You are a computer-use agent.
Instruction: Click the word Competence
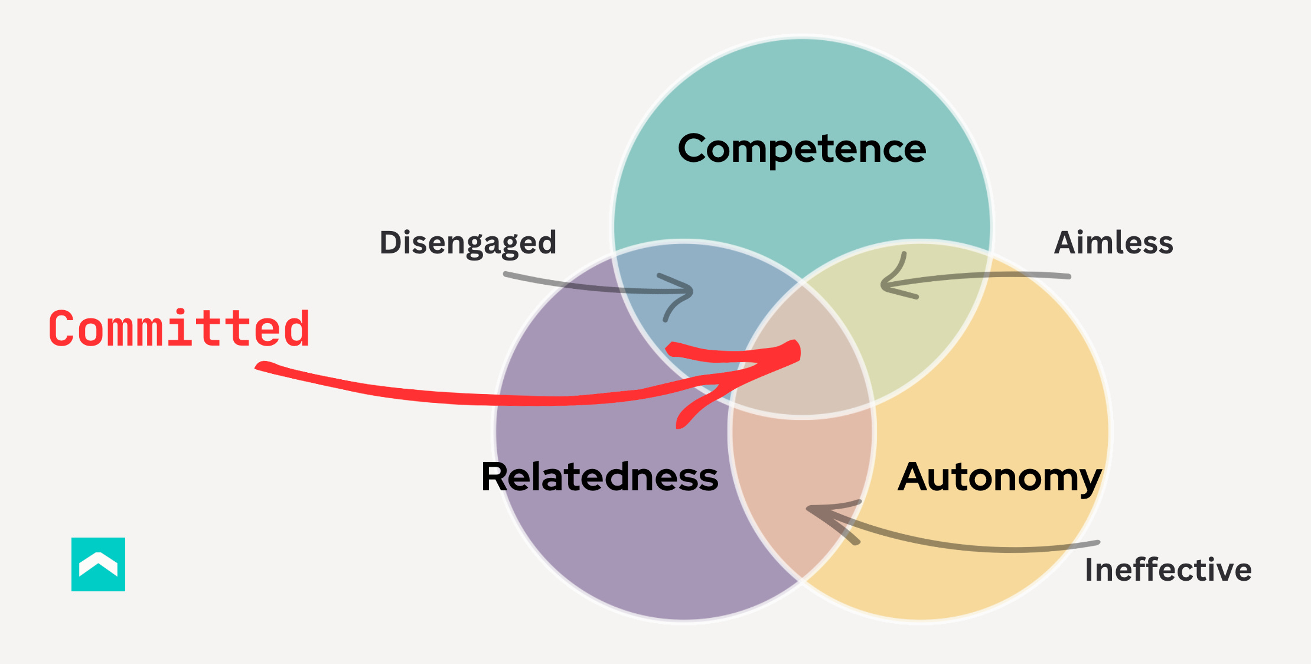point(801,148)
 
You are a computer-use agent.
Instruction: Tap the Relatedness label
point(599,477)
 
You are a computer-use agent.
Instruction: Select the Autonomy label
point(999,477)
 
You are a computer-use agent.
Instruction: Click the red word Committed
point(179,328)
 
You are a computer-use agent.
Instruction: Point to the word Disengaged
point(468,242)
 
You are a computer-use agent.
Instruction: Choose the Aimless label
point(1113,242)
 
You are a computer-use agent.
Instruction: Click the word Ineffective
point(1168,569)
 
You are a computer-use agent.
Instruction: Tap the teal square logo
point(98,564)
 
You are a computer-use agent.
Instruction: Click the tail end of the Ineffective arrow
point(1097,542)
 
